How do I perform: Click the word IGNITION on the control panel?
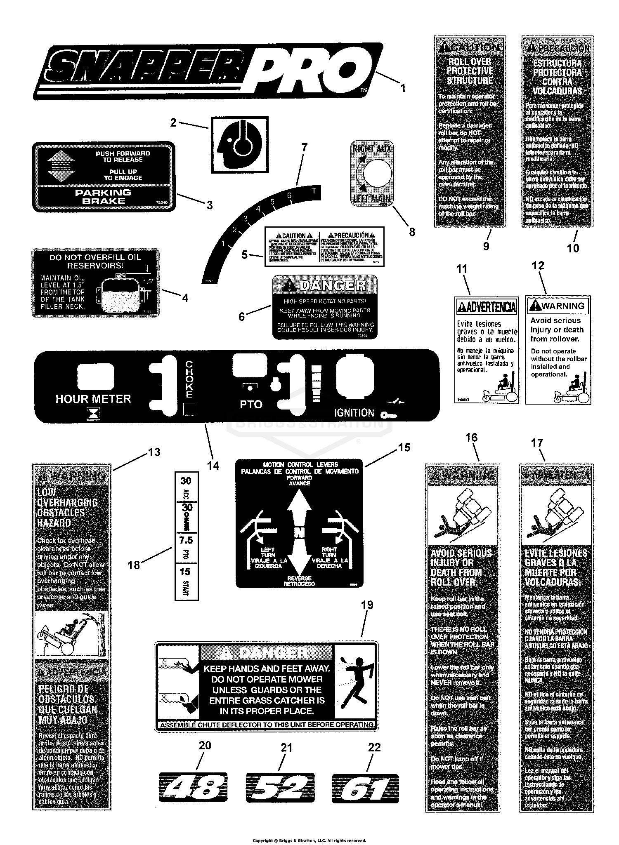coord(354,412)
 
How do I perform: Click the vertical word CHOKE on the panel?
coord(189,379)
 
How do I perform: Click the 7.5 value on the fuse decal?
coord(186,540)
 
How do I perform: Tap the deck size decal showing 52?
coord(280,788)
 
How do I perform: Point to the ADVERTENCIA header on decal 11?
coord(487,307)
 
